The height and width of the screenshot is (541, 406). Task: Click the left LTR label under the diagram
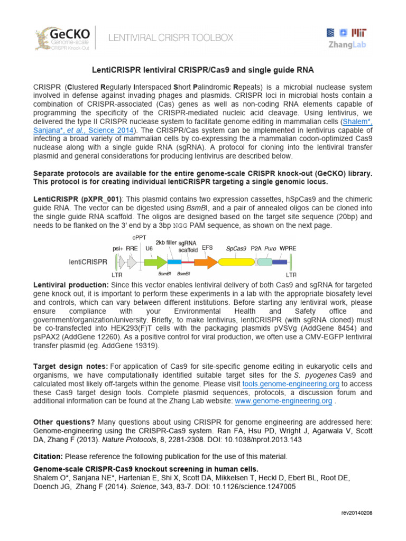(117, 275)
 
